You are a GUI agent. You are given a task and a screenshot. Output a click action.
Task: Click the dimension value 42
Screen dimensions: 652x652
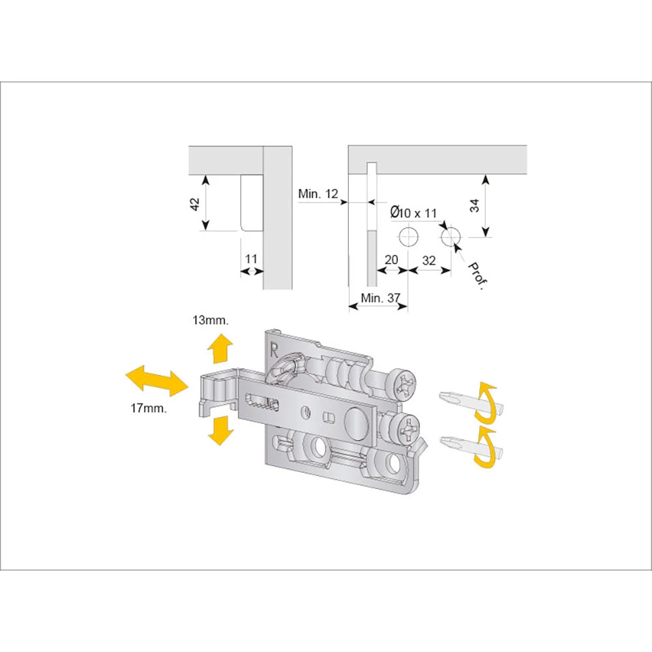194,204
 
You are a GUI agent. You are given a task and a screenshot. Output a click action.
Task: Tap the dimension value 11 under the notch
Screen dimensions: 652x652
251,259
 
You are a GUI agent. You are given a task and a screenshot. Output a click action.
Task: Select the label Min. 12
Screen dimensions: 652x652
318,194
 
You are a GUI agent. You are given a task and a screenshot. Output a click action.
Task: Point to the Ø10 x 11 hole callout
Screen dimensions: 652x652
413,213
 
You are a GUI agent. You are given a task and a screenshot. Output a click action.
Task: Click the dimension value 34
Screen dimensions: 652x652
475,205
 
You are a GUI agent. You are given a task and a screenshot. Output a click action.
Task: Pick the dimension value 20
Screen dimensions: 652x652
391,260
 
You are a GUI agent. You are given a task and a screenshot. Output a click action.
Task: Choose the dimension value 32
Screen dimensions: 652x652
429,261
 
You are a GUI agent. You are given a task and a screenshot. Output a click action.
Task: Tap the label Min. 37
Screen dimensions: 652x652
380,298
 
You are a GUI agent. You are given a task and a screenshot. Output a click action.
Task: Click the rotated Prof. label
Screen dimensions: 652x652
477,276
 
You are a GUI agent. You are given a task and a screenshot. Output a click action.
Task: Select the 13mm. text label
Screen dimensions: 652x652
211,320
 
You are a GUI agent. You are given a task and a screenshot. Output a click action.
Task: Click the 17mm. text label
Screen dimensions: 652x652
149,408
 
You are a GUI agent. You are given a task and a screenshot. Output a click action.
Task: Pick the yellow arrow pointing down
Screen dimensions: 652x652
221,430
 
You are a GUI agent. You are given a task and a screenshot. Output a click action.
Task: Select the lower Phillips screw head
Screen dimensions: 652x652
406,429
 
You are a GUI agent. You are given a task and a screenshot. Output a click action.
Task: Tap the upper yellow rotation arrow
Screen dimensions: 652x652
487,402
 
